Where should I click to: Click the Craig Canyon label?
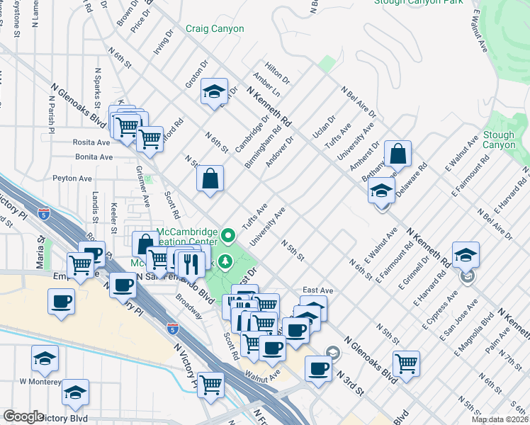pyautogui.click(x=215, y=29)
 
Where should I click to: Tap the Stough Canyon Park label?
pyautogui.click(x=418, y=2)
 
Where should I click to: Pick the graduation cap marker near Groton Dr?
pyautogui.click(x=213, y=91)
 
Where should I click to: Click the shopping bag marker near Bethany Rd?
pyautogui.click(x=398, y=154)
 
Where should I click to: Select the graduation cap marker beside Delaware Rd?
pyautogui.click(x=381, y=191)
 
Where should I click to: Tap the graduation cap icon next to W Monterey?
pyautogui.click(x=45, y=360)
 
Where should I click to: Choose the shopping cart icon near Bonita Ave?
pyautogui.click(x=150, y=139)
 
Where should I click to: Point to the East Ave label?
pyautogui.click(x=317, y=290)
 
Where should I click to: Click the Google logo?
pyautogui.click(x=23, y=416)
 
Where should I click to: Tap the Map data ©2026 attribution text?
pyautogui.click(x=500, y=419)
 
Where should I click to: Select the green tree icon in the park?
pyautogui.click(x=226, y=262)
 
